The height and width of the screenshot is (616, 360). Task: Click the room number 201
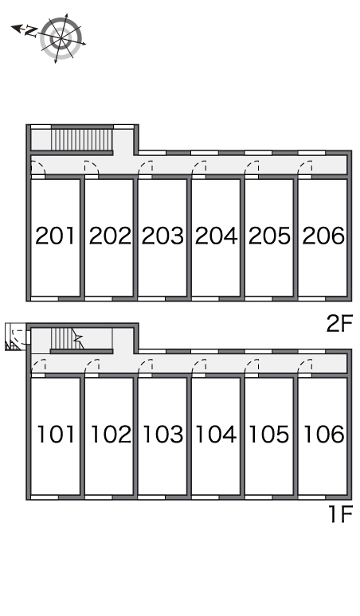tap(55, 236)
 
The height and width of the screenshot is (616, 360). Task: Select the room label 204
tap(216, 236)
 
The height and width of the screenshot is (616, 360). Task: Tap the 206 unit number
tap(323, 236)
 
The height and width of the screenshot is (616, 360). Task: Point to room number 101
tap(56, 434)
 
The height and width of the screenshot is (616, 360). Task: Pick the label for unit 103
tap(162, 434)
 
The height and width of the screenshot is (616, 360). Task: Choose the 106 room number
tap(324, 434)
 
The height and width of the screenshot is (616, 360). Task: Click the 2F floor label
tap(339, 324)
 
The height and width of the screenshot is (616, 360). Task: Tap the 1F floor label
tap(340, 514)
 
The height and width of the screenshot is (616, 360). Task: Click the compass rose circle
tap(61, 38)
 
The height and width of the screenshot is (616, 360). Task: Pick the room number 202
tap(110, 236)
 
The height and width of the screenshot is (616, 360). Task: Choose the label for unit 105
tap(269, 434)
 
